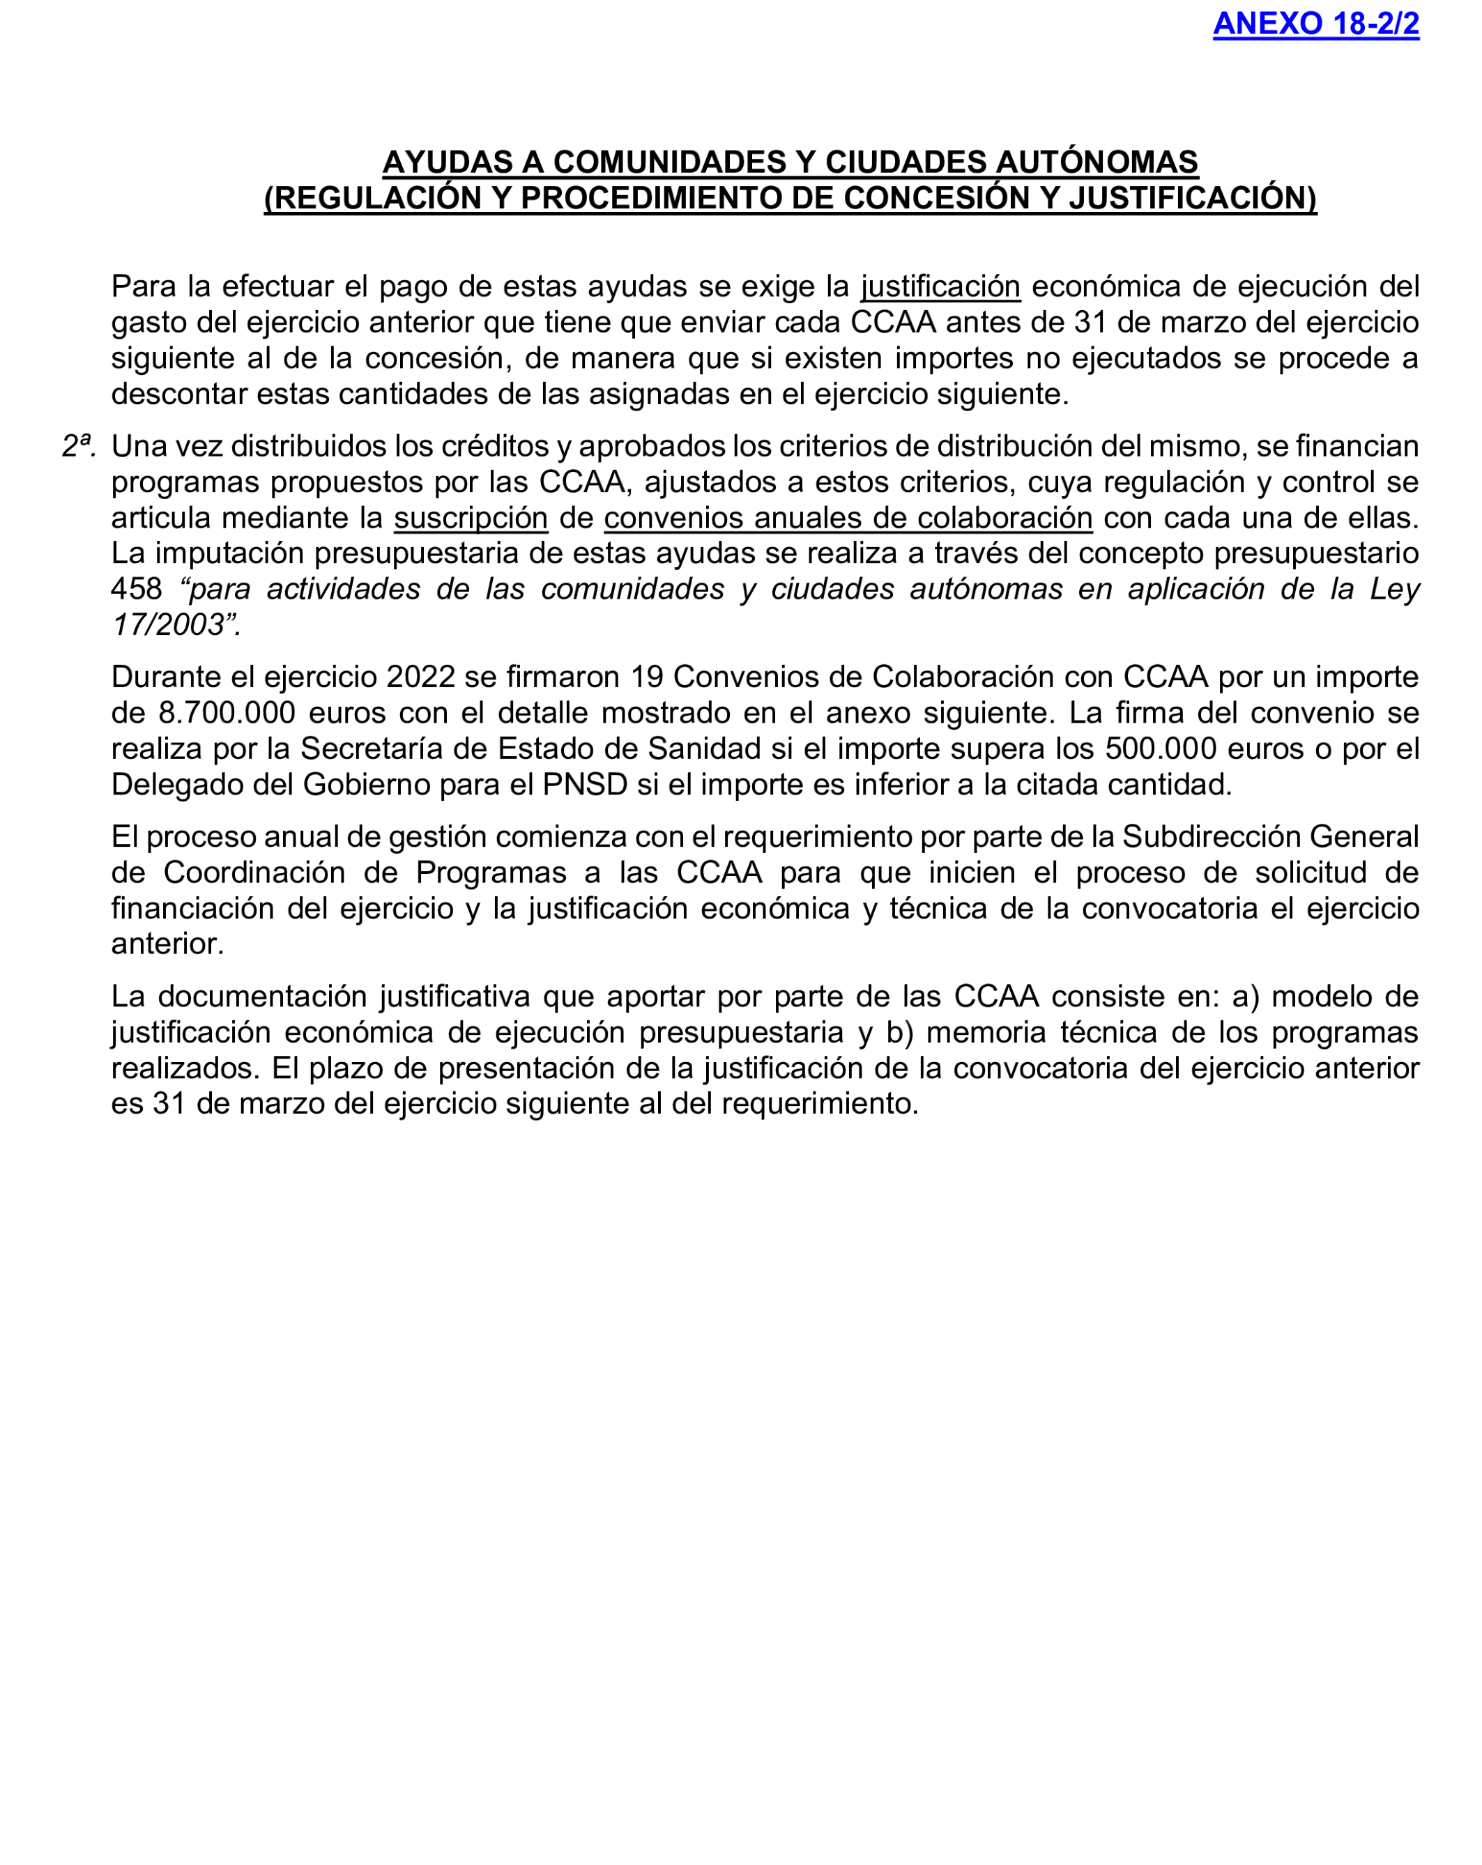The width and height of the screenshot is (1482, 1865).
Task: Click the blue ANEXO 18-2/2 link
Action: (x=1315, y=24)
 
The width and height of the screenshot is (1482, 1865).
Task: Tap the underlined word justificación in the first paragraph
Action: (x=940, y=286)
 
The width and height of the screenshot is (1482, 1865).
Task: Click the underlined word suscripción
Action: (x=471, y=517)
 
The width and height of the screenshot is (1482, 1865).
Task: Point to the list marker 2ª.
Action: (x=78, y=446)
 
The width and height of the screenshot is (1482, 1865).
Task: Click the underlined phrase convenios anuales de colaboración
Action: (x=848, y=517)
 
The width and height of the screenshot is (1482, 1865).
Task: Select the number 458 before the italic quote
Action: (x=136, y=589)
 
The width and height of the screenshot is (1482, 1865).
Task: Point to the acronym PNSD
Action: (x=585, y=785)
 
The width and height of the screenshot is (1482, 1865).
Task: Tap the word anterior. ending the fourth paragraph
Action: (x=168, y=944)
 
